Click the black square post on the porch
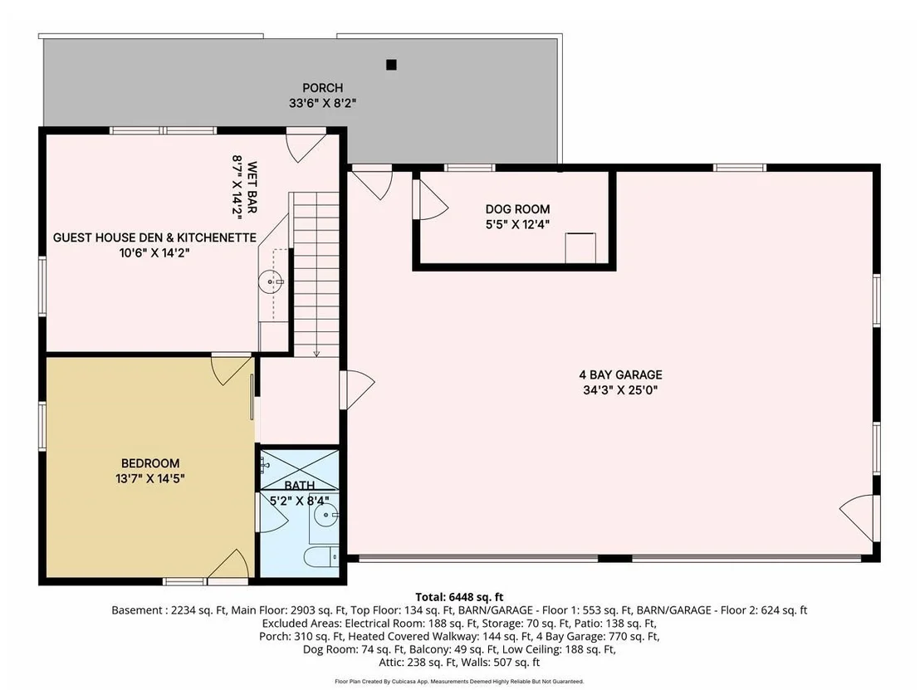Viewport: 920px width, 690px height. pos(391,65)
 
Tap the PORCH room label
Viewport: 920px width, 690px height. pos(323,88)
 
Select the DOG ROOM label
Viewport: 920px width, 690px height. pos(517,209)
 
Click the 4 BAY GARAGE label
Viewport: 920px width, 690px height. pos(621,374)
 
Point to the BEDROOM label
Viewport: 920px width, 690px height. pos(150,463)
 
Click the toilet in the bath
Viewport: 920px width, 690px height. pos(321,556)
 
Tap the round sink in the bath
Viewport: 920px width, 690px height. pos(325,516)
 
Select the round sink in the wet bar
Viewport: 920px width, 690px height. pos(270,282)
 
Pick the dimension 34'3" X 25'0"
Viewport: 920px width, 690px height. pos(620,390)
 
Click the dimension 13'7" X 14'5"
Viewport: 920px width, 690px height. pos(150,478)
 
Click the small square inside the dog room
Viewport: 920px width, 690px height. pos(580,248)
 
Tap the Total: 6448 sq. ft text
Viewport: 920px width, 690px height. pos(459,597)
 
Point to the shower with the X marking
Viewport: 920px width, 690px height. pos(299,469)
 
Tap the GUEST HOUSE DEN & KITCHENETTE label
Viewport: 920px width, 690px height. pos(155,237)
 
